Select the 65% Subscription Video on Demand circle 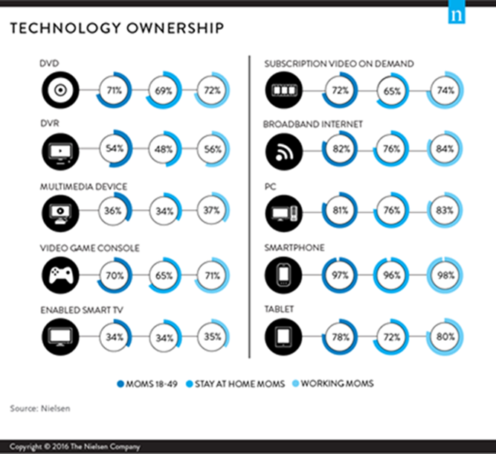tap(393, 92)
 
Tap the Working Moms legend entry tap(344, 384)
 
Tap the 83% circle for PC tap(445, 211)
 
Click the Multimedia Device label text tap(84, 186)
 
